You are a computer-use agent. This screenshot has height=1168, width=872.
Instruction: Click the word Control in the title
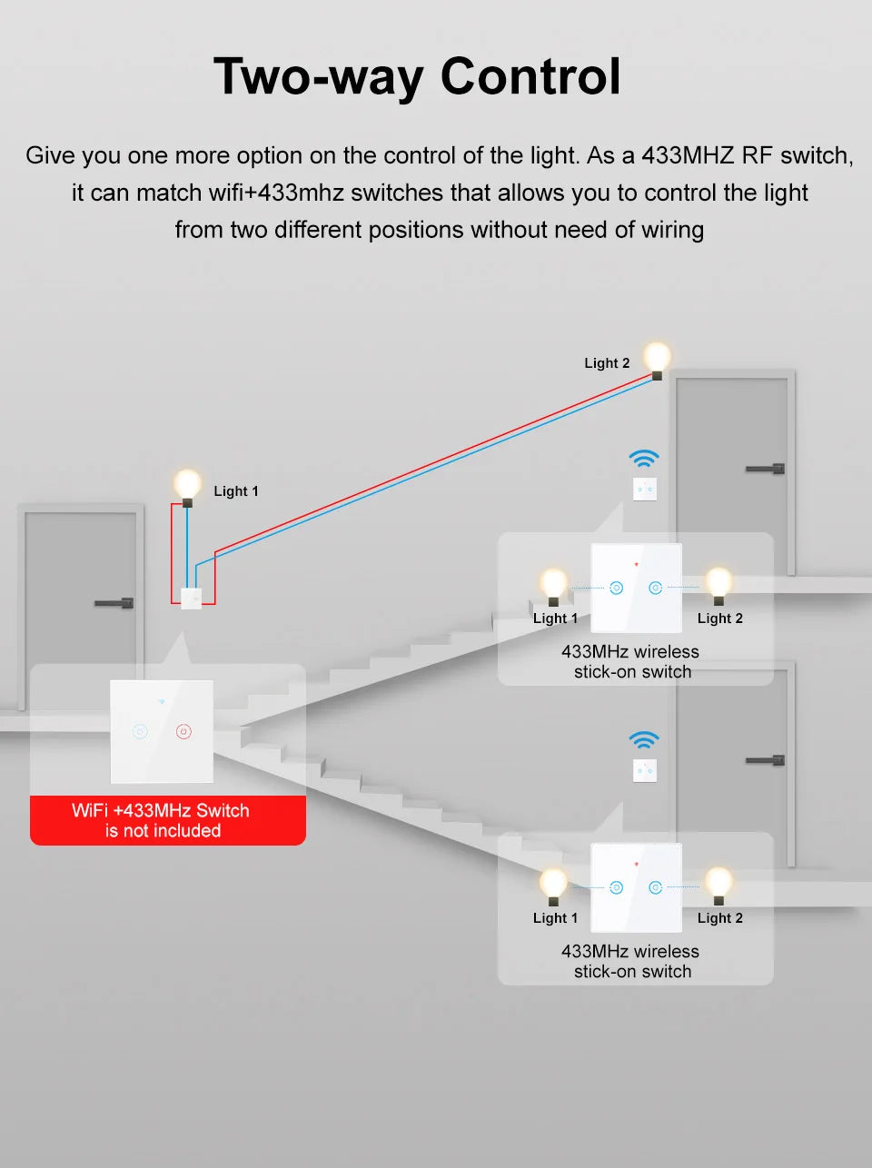pos(530,76)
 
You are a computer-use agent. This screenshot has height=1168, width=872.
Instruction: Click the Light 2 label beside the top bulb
pos(607,363)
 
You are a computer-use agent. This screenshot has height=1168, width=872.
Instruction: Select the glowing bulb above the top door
pos(657,357)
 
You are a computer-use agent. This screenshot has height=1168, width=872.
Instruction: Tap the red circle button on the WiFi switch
pos(183,730)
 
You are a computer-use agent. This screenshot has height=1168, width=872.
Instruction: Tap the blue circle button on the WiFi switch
pos(140,730)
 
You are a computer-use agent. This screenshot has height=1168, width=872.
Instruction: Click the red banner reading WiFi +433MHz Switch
pos(167,820)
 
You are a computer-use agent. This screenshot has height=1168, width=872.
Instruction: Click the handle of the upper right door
pos(766,469)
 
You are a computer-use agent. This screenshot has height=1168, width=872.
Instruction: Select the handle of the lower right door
pos(766,760)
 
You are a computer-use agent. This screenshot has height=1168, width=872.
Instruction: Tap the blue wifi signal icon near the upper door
pos(644,458)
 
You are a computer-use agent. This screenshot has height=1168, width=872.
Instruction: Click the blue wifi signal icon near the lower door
pos(644,739)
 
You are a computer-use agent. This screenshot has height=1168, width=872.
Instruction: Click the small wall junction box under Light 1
pos(191,599)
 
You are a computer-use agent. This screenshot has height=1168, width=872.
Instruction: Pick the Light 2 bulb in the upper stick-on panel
pos(718,584)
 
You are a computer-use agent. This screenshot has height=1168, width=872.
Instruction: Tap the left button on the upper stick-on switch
pos(617,588)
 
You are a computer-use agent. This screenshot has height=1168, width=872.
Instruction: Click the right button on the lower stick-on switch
pos(655,887)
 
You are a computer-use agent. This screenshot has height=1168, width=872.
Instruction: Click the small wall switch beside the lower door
pos(645,771)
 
